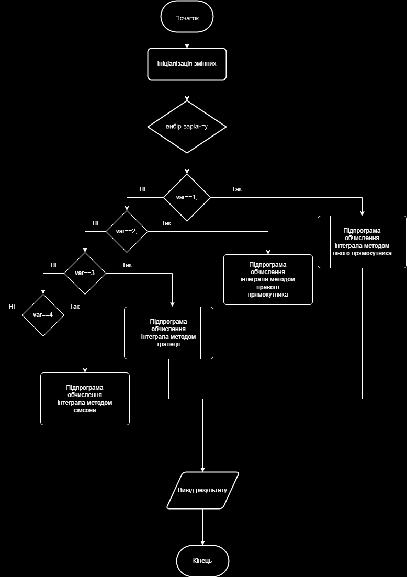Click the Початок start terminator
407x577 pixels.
point(187,18)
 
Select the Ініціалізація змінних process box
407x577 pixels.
point(187,64)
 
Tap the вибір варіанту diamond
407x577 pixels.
point(187,127)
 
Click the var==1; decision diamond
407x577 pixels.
point(187,198)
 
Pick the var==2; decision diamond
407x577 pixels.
point(127,231)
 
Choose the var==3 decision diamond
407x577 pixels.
point(85,273)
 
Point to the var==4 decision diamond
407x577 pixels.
point(43,315)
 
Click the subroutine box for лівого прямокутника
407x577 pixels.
point(362,242)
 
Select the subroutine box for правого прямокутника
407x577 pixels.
point(268,279)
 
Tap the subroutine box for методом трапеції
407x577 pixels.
point(168,333)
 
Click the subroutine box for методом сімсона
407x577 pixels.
point(85,399)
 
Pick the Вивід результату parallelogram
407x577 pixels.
point(202,490)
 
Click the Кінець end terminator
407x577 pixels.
point(202,560)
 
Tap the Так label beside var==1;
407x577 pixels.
point(236,188)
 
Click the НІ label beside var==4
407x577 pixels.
point(12,306)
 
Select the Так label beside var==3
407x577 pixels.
point(127,265)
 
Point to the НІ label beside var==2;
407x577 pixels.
point(95,223)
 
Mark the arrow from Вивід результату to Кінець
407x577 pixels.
point(202,527)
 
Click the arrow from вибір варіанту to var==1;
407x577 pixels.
point(187,164)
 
